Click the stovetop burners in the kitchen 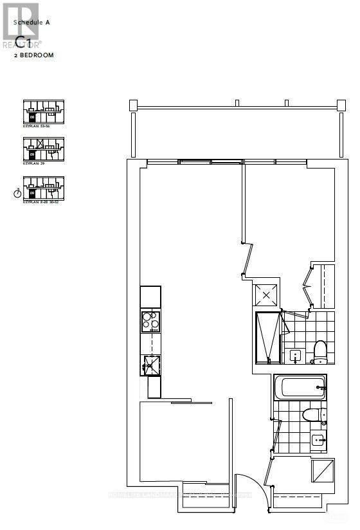point(150,320)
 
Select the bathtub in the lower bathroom point(301,387)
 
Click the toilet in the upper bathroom point(319,350)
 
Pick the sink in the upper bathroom point(296,355)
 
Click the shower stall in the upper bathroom point(268,338)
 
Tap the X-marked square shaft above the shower point(265,295)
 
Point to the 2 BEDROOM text point(35,56)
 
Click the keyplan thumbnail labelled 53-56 point(43,112)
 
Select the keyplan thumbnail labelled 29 point(43,149)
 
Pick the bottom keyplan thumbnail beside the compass point(43,187)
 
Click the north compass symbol point(17,193)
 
